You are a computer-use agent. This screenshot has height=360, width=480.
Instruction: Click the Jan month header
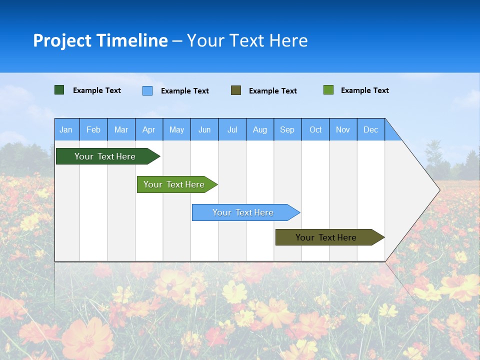coord(66,129)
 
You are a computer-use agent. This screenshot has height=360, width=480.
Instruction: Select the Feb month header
coord(93,129)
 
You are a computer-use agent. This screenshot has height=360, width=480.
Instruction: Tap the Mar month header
coord(121,129)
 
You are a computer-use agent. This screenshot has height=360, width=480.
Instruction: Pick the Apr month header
coord(149,129)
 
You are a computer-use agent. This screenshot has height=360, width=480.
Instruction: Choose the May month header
coord(176,129)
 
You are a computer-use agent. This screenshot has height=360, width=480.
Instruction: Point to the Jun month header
coord(204,129)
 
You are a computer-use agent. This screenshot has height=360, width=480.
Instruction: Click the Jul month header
coord(232,129)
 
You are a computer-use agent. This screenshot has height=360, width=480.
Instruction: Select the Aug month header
coord(260,129)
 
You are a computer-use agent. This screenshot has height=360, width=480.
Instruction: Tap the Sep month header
coord(287,129)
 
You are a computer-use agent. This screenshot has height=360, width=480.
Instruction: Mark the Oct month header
coord(315,129)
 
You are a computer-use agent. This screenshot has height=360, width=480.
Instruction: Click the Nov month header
coord(343,129)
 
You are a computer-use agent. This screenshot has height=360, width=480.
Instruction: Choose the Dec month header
coord(371,129)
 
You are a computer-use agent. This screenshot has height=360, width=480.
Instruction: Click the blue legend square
coord(147,90)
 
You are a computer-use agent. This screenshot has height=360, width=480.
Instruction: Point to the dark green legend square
coord(59,90)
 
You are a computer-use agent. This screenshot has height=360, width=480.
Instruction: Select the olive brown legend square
coord(236,90)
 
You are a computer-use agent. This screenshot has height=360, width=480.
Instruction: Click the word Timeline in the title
coord(132,40)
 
